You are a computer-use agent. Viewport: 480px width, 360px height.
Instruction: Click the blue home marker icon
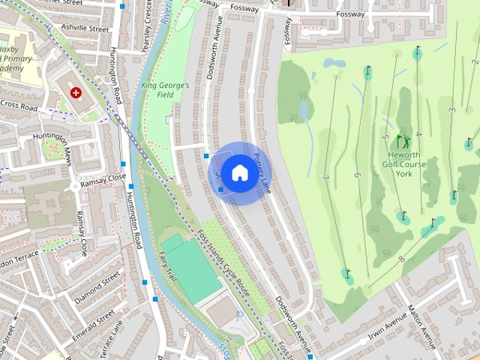click(x=239, y=172)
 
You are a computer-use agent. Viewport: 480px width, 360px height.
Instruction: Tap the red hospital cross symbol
click(x=76, y=92)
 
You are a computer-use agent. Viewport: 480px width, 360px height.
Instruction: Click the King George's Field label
click(x=163, y=90)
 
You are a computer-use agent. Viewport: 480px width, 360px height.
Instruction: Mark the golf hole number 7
click(x=326, y=177)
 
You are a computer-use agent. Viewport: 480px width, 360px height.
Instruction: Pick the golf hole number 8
click(x=402, y=259)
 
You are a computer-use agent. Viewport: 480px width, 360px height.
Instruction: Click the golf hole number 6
click(x=357, y=175)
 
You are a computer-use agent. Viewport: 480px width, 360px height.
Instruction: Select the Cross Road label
click(x=18, y=105)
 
